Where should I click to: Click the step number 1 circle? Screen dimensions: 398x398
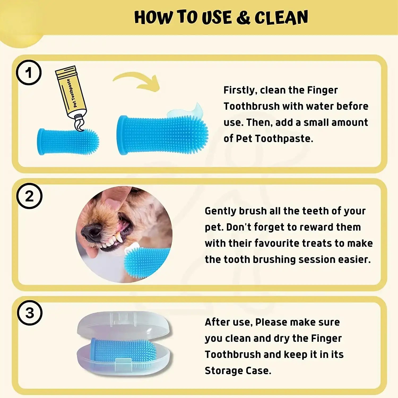[x=29, y=73]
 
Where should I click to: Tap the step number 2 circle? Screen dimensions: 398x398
[x=29, y=196]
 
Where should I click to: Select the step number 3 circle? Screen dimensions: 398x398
[x=30, y=313]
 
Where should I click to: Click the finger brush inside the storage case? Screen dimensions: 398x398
[x=123, y=350]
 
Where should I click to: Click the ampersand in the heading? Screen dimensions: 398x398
[x=243, y=18]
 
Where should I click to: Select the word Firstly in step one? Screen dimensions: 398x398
[x=240, y=90]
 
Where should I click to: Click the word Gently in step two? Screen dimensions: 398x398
[x=220, y=211]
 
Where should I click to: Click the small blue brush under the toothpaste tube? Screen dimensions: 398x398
[x=68, y=141]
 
